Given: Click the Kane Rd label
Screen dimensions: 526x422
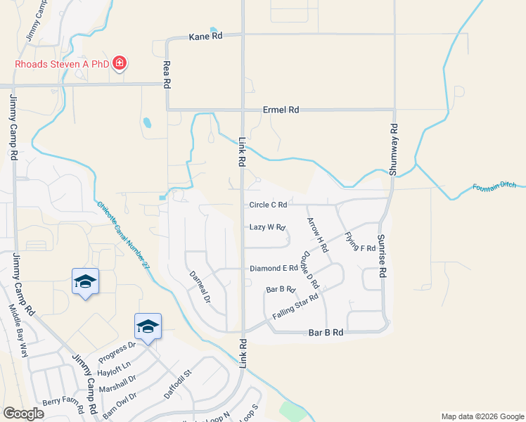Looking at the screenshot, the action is (205, 37).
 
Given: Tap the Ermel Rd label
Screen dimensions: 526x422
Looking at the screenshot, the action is (281, 110).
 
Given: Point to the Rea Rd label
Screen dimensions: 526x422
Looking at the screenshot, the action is (167, 73).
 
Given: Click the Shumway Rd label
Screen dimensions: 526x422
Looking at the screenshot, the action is (394, 150).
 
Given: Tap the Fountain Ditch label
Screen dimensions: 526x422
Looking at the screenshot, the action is (494, 186).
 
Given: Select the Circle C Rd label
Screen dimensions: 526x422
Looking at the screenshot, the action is (268, 205).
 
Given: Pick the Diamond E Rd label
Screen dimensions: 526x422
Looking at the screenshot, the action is (274, 269).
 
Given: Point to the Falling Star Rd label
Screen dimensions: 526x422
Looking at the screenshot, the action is (295, 306).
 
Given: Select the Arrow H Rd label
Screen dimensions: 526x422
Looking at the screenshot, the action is (317, 235).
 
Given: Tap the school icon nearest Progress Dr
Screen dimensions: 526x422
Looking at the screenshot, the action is (148, 326).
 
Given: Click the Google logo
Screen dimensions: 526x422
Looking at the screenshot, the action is (23, 414).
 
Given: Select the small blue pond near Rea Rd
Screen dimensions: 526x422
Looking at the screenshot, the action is (147, 123).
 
